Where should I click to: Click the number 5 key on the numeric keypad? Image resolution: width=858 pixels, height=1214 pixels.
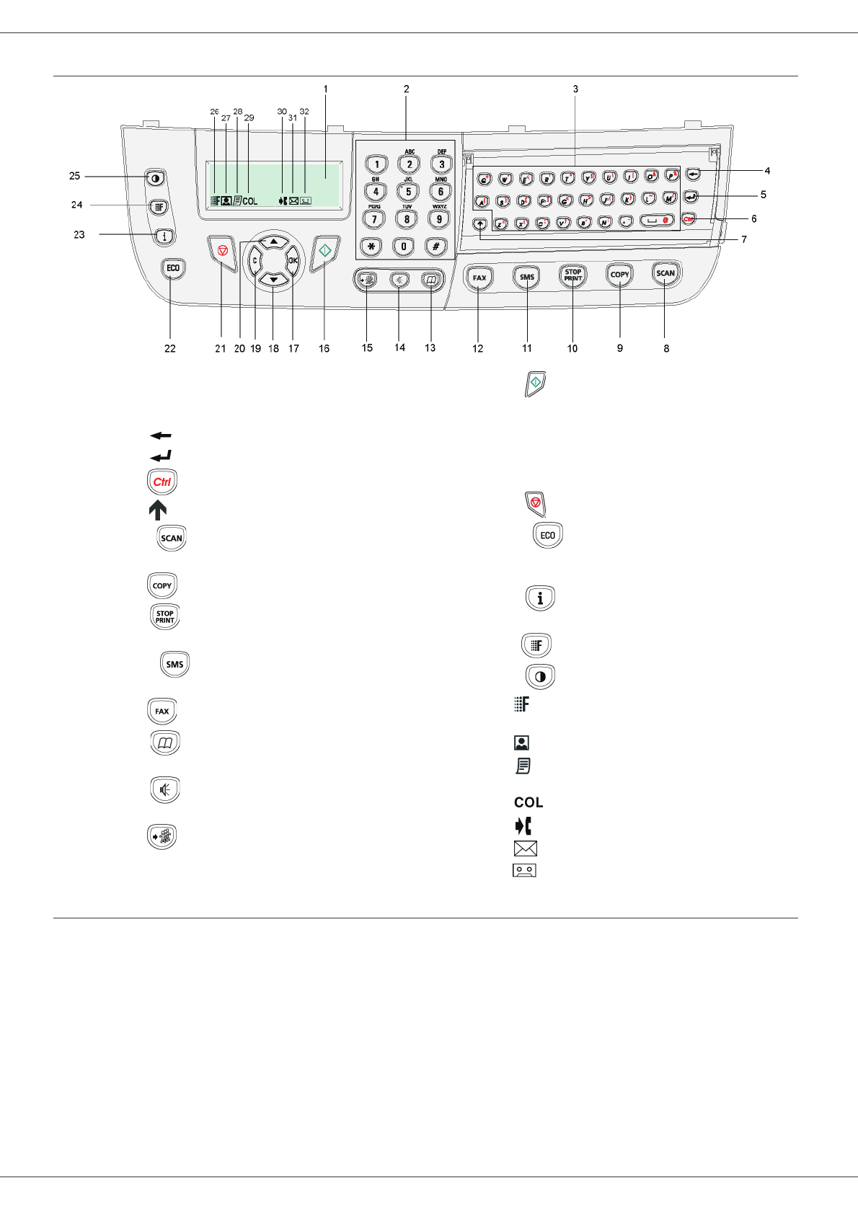408,192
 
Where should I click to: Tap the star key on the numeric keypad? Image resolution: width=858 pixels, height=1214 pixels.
372,247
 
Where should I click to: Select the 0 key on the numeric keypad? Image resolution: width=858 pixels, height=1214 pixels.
404,247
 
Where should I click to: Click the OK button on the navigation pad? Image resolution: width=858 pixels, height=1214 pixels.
293,261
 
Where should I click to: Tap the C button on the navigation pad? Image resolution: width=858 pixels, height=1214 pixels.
255,261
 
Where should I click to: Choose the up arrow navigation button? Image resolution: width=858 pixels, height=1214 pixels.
274,242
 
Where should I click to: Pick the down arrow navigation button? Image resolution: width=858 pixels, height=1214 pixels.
274,279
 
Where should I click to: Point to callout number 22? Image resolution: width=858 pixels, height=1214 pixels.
170,348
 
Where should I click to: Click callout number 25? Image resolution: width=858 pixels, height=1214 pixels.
75,176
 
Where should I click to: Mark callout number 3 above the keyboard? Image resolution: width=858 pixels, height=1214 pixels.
575,89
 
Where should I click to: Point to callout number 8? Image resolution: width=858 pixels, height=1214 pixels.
666,348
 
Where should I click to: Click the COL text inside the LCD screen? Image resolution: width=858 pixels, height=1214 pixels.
249,201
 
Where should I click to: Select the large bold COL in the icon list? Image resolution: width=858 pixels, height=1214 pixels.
528,802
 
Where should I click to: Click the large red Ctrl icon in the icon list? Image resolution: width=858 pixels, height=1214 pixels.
162,482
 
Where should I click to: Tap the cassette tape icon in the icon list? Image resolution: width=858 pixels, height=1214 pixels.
524,870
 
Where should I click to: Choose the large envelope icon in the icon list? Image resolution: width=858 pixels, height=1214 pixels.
526,849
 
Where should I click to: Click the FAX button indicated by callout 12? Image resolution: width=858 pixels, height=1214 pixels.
479,278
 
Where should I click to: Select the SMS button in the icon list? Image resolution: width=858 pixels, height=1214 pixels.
174,664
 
